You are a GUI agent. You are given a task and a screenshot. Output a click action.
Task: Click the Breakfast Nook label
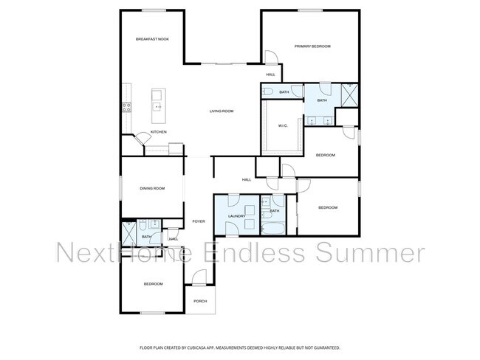152,39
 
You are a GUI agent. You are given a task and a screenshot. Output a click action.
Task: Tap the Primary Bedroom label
312,46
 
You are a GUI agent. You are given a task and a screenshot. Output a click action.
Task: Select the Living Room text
222,111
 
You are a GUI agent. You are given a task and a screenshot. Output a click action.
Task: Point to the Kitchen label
159,132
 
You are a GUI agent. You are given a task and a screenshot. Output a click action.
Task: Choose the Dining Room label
152,189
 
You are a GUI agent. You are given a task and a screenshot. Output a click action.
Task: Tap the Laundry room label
236,216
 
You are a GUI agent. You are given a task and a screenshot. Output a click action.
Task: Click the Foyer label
199,221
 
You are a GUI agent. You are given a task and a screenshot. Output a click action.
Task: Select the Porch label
200,302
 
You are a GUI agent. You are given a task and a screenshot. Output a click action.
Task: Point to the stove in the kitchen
126,106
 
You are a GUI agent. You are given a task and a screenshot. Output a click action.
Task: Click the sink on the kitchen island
157,107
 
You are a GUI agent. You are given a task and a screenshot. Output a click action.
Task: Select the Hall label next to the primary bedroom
270,75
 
